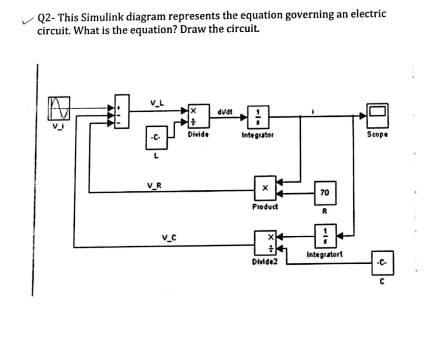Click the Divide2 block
(265, 243)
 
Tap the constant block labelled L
(156, 138)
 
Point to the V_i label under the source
(55, 125)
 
